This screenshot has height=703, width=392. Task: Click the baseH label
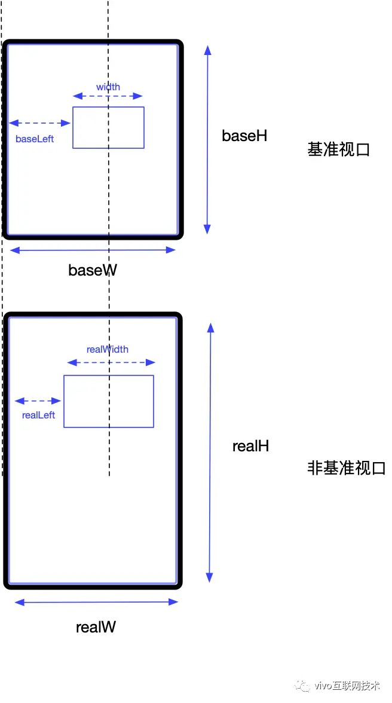[x=244, y=136]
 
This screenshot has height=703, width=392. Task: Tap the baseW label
[x=93, y=270]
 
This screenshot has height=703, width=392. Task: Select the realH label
[x=250, y=446]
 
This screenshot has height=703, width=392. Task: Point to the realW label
[x=96, y=627]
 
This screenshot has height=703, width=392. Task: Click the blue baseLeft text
[x=35, y=139]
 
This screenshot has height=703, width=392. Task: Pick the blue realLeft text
[x=38, y=415]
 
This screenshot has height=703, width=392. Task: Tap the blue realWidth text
[x=108, y=349]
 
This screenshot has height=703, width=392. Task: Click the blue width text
[x=108, y=87]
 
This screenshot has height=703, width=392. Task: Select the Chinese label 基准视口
[x=339, y=149]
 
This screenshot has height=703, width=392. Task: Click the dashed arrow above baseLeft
[x=40, y=123]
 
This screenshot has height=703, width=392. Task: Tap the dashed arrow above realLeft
[x=38, y=401]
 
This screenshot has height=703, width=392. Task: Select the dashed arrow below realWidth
[x=111, y=362]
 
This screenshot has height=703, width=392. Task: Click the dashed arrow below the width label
[x=108, y=96]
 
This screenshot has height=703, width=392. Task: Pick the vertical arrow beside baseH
[x=207, y=139]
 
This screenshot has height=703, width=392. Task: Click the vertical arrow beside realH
[x=210, y=452]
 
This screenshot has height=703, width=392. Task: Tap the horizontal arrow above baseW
[x=93, y=250]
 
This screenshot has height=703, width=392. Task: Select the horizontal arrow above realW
[x=96, y=602]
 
